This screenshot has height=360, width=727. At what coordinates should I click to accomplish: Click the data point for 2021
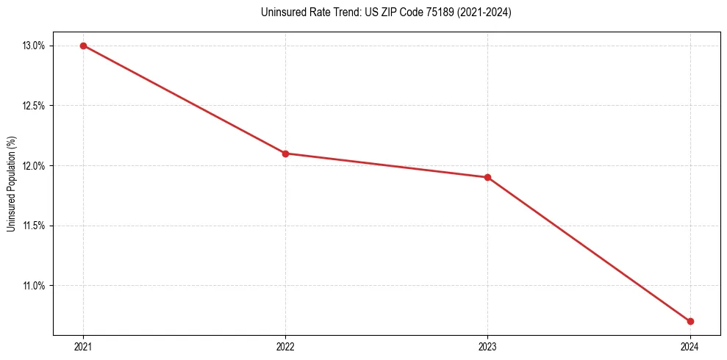83,46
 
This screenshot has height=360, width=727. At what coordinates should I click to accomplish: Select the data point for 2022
285,154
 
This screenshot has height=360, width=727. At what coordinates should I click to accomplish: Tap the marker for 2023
487,177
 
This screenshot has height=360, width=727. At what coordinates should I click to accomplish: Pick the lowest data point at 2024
690,321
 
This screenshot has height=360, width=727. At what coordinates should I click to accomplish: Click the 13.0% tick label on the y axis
34,46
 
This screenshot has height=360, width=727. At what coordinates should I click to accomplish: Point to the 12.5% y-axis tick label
34,106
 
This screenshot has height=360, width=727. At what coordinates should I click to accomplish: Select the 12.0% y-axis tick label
34,166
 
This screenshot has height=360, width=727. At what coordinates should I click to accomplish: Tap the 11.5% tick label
34,226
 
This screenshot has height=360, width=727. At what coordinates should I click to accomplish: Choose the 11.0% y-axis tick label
34,286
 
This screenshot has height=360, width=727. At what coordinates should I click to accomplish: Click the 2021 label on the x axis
83,346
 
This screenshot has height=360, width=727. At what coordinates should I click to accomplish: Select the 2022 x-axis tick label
285,346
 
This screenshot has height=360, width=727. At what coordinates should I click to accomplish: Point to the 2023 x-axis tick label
487,346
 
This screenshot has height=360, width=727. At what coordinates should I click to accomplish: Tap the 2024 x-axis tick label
690,346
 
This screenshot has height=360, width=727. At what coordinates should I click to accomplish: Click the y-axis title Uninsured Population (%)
11,184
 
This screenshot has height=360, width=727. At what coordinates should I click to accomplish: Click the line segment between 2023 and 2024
588,249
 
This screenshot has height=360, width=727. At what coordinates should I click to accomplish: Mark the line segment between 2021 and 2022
184,99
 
